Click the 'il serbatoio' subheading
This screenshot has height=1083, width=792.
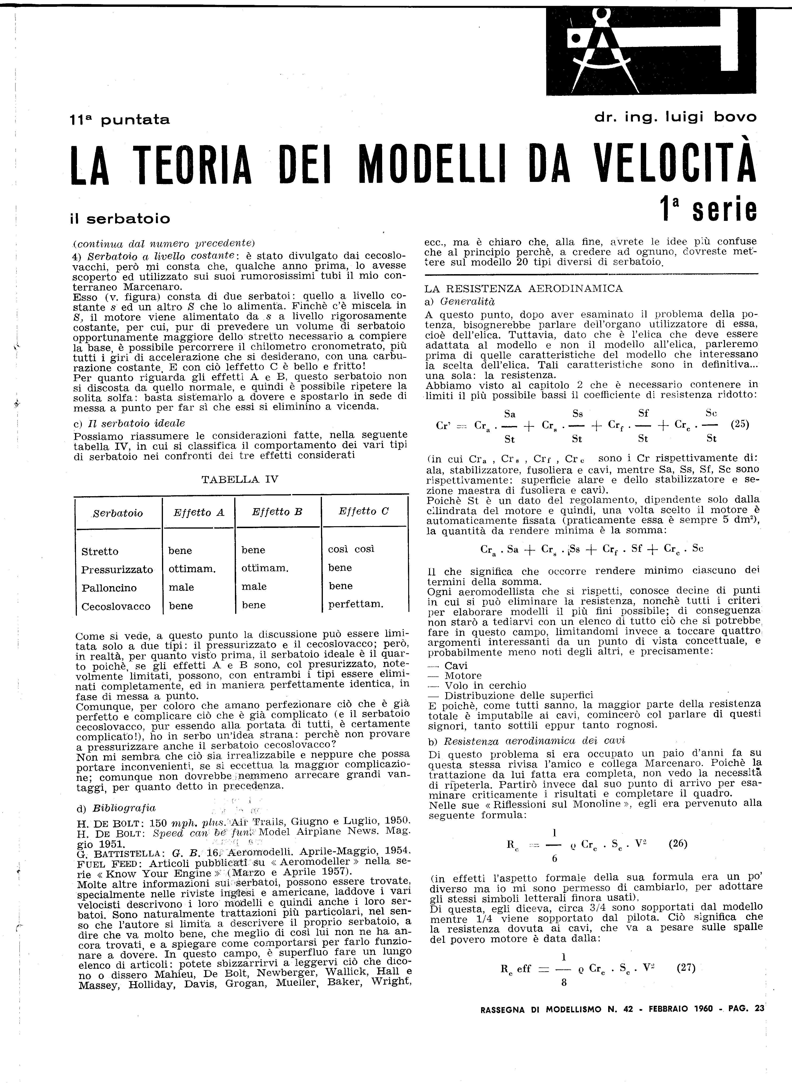pyautogui.click(x=120, y=219)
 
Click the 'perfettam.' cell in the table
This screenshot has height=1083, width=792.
pyautogui.click(x=356, y=605)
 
